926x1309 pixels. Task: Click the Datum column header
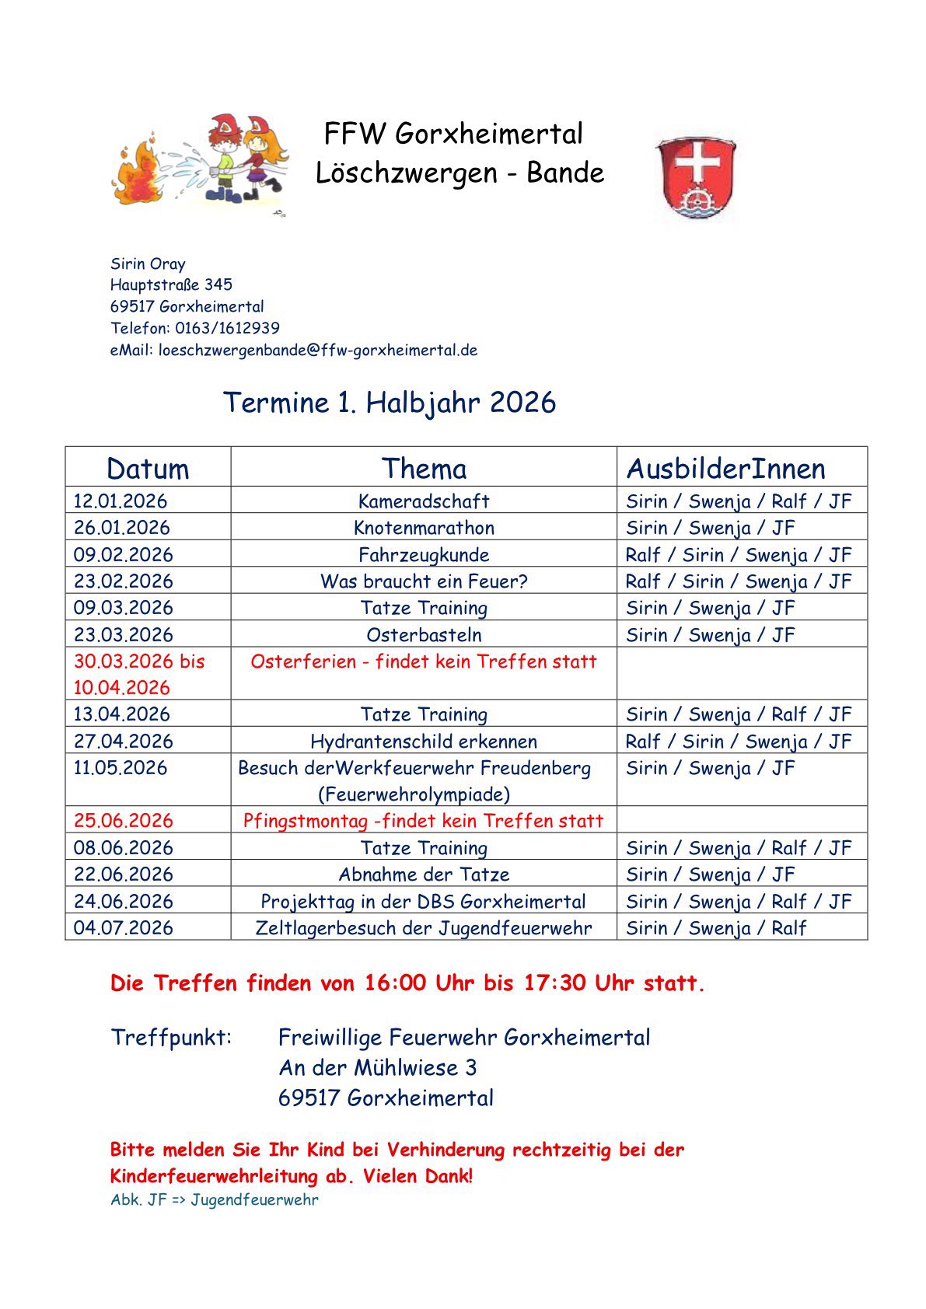[148, 469]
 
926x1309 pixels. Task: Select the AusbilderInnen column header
[725, 469]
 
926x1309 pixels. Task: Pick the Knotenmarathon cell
[424, 528]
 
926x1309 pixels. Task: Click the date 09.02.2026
[123, 555]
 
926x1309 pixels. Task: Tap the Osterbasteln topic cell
[424, 635]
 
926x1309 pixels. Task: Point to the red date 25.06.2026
[123, 821]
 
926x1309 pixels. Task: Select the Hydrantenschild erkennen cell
[424, 742]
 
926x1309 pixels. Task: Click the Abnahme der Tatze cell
[424, 874]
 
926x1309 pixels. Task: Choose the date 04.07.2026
[123, 928]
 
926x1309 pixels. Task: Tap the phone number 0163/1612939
[227, 328]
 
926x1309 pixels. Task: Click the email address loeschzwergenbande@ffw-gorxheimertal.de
[318, 350]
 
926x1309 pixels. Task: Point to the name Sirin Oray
[148, 264]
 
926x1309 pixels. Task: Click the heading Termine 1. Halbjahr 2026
[390, 403]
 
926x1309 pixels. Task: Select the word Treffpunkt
[171, 1037]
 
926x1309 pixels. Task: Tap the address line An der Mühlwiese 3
[378, 1067]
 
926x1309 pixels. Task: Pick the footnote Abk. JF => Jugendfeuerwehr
[215, 1199]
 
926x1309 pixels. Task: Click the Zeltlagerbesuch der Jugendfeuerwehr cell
[424, 928]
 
